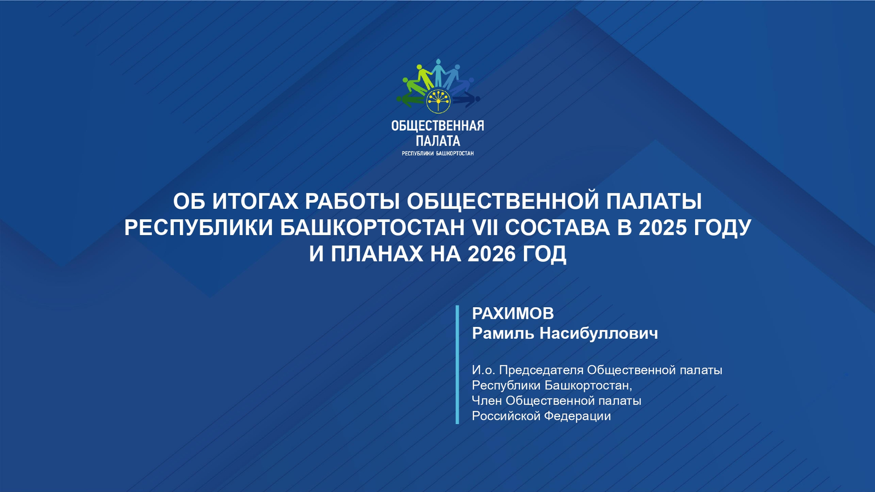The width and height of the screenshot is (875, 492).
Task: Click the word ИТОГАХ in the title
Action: [255, 201]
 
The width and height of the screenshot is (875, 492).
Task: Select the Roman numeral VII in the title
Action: [484, 227]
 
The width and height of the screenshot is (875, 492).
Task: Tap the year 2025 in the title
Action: [662, 227]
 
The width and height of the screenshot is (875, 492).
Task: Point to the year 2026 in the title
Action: [492, 254]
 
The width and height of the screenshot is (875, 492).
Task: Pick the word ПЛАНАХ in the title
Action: [377, 254]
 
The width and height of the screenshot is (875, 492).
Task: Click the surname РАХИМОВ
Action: [512, 313]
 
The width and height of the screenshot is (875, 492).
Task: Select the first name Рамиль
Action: [503, 333]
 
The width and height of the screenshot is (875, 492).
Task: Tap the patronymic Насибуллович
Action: [598, 333]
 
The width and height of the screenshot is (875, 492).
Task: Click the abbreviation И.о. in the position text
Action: [482, 370]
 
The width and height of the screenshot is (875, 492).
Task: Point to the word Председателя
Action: [541, 370]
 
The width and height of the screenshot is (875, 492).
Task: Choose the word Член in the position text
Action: [486, 401]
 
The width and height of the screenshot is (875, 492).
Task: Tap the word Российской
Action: [506, 416]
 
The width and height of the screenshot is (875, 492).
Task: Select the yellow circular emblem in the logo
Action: [437, 101]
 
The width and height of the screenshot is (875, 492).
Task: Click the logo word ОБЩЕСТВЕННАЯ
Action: [437, 126]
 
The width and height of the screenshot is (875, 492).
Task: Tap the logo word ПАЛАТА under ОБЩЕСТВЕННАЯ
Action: [437, 141]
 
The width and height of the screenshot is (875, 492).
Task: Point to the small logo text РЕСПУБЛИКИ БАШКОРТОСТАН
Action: [437, 154]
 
